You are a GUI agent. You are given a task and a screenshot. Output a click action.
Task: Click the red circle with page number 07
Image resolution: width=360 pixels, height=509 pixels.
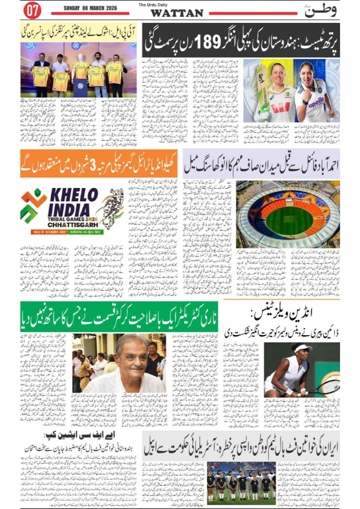(x=32, y=11)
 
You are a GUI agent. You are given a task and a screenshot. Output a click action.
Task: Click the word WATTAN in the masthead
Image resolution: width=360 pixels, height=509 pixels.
(x=176, y=13)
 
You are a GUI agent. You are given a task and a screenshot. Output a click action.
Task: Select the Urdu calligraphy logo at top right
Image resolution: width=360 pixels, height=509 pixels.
(x=320, y=11)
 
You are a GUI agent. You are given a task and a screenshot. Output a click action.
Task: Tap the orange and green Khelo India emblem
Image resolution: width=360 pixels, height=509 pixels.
(x=34, y=207)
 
